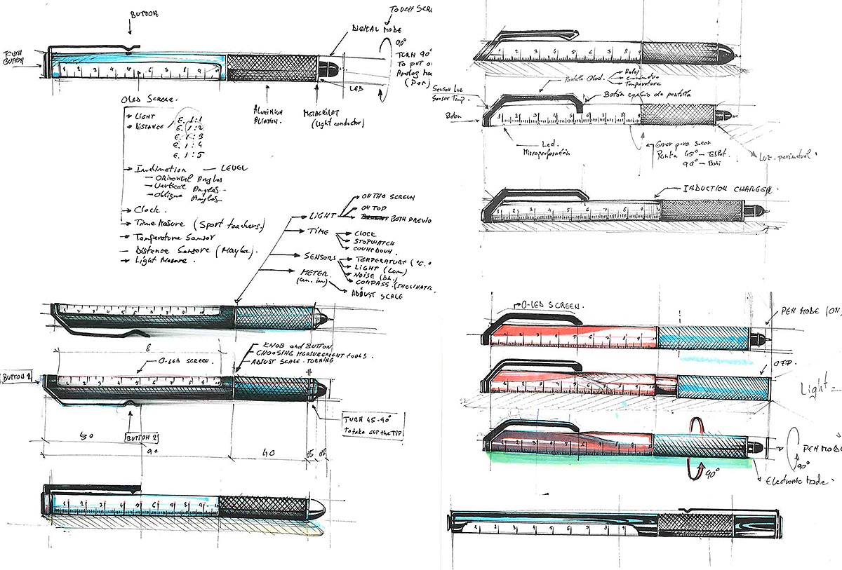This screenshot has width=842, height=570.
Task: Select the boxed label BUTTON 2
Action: pyautogui.click(x=142, y=437)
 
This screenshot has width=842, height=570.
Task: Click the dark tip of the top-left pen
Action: pyautogui.click(x=327, y=67)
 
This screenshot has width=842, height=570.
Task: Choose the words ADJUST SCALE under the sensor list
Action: pyautogui.click(x=379, y=297)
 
